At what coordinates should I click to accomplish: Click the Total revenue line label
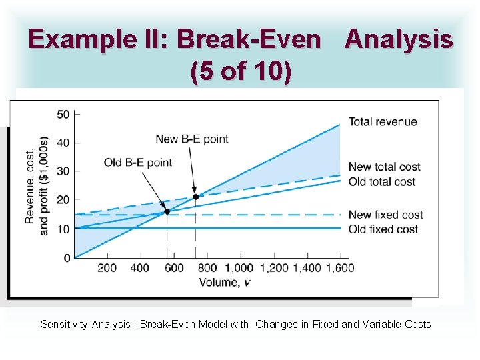coord(383,121)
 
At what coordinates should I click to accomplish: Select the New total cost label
coord(385,167)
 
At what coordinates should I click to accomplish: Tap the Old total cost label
coord(382,181)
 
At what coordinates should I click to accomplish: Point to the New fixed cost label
coord(385,215)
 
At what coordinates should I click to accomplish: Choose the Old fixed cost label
coord(383,229)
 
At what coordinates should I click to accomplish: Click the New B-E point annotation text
coord(192,139)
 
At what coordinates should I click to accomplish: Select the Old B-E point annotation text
coord(138,162)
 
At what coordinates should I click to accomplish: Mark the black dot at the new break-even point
coord(195,197)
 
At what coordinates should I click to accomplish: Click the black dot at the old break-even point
coord(167,211)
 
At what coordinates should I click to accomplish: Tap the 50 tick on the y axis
coord(63,114)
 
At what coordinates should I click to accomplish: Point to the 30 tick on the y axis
coord(63,171)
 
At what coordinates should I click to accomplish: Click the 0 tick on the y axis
coord(66,258)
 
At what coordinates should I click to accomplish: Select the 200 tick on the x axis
coord(107,268)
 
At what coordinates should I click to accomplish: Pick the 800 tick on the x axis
coord(207,268)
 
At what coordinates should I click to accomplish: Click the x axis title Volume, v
coord(224,282)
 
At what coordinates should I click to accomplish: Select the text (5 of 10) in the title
coord(240,72)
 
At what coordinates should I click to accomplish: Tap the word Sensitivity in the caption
coord(64,325)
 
